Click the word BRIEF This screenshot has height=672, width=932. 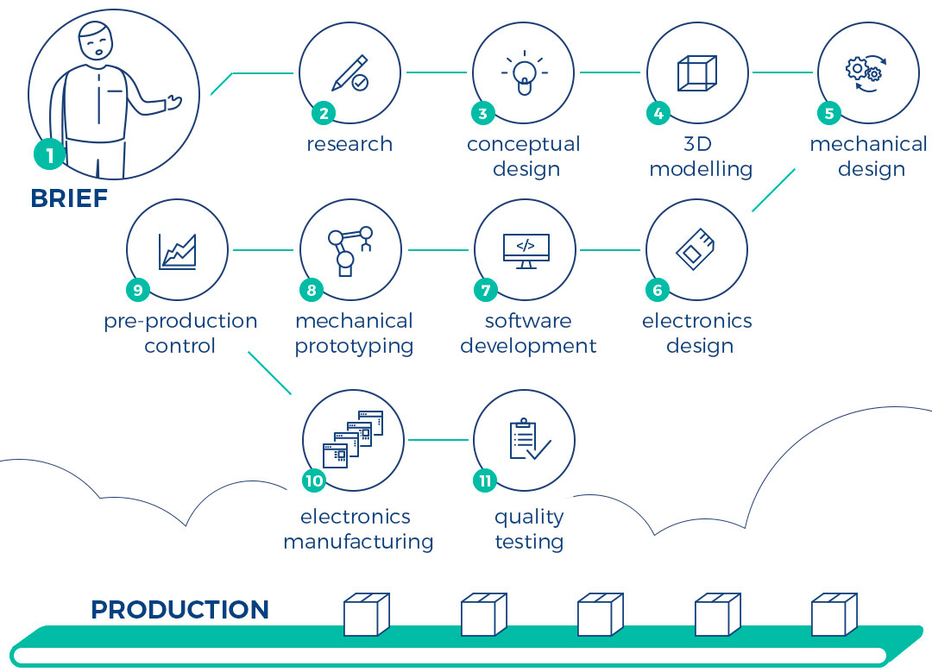point(69,198)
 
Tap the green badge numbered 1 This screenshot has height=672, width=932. point(50,155)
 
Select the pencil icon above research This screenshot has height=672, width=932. point(349,73)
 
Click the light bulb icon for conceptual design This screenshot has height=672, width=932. point(524,74)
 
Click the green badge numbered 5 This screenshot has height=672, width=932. point(829,113)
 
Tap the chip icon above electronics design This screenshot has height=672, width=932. point(696,249)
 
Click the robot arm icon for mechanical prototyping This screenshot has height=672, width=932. point(349,250)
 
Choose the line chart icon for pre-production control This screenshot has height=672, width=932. point(178,251)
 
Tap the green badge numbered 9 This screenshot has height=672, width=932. point(138,290)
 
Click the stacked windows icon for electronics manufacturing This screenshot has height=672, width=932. point(353,439)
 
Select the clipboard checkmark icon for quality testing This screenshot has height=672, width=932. point(528,439)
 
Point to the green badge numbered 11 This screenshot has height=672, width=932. point(485,480)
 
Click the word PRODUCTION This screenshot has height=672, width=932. point(179,610)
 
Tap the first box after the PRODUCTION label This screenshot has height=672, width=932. point(366,614)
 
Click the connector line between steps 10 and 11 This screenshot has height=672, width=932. point(438,440)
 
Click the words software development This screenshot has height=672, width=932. point(528,334)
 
